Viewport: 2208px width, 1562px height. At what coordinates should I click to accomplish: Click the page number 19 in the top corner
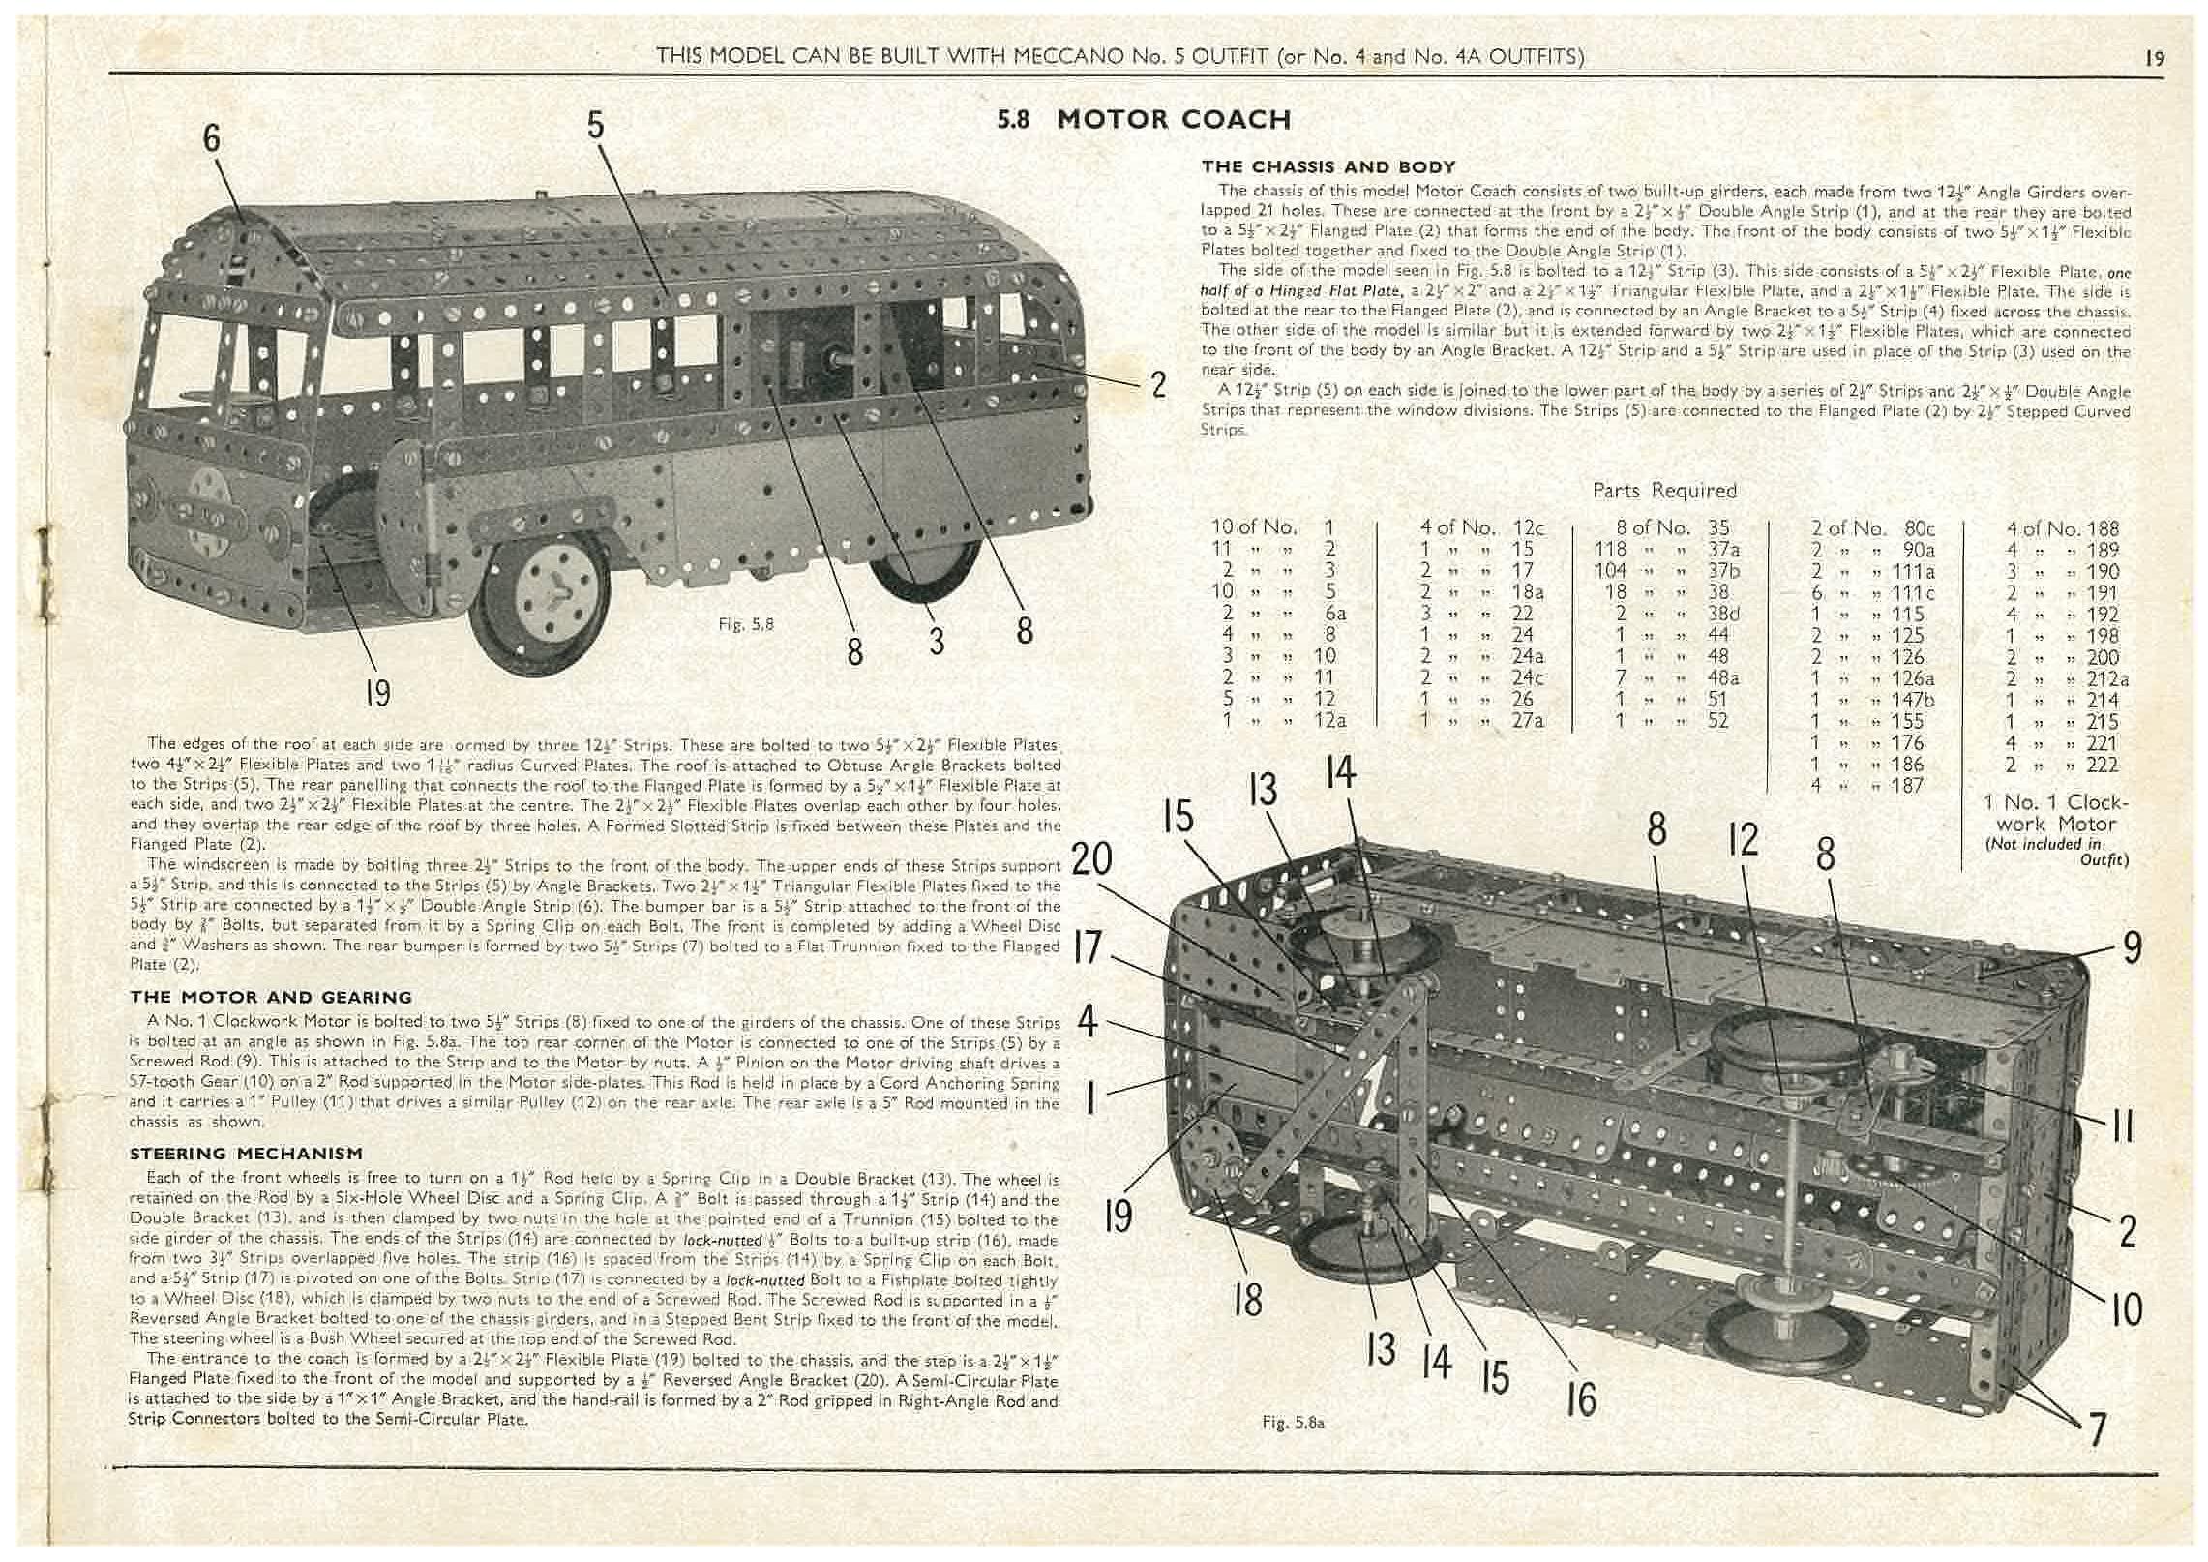[2154, 58]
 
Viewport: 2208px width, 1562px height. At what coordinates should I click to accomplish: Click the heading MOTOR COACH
[1174, 120]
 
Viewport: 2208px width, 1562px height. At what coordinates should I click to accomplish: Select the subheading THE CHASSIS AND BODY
[1328, 167]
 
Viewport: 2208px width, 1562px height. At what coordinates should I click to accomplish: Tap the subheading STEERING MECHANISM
[247, 1154]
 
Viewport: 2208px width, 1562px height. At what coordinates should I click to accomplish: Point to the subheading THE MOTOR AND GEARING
[271, 997]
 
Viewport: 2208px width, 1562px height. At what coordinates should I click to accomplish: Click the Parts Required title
[1664, 491]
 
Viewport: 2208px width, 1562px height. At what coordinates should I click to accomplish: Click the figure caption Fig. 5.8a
[1293, 1423]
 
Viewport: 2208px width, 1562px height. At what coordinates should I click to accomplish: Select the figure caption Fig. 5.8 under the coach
[746, 624]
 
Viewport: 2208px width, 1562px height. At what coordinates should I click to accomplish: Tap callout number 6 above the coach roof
[211, 138]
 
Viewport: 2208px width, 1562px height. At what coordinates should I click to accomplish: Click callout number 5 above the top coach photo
[594, 125]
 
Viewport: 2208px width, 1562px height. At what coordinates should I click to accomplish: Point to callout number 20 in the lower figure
[1091, 858]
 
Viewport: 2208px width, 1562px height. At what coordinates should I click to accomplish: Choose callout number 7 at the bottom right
[2096, 1428]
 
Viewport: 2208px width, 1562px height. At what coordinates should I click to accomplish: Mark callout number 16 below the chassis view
[1580, 1397]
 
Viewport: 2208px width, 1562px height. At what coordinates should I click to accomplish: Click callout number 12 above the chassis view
[1743, 840]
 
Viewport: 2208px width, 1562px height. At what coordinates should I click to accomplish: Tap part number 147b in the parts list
[1900, 700]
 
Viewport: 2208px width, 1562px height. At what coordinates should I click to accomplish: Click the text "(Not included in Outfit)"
[2056, 851]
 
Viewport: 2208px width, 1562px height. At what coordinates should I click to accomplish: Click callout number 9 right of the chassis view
[2132, 947]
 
